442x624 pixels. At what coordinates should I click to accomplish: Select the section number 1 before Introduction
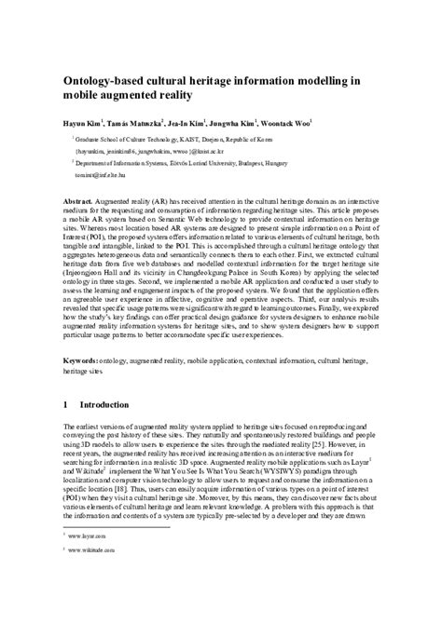(66, 406)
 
